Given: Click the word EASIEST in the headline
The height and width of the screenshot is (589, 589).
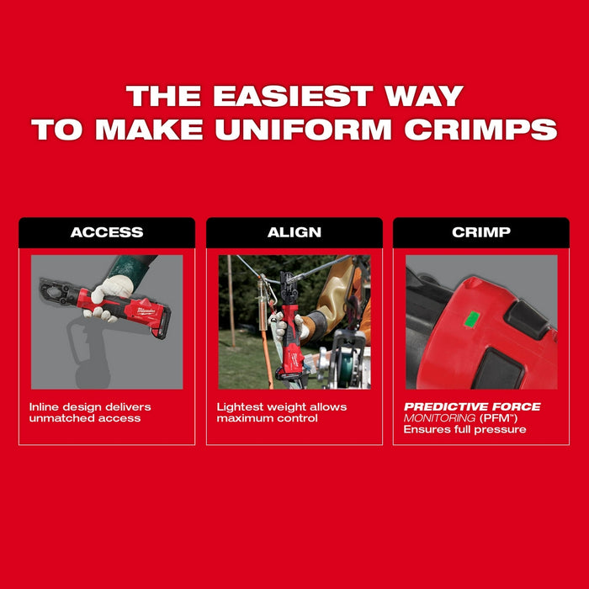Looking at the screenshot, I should pos(293,95).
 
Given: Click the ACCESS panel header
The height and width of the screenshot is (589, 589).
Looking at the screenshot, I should pos(107,232).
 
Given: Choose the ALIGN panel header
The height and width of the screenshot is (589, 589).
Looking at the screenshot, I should pos(294,232).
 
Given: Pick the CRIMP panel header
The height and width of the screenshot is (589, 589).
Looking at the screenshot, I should pos(481,232).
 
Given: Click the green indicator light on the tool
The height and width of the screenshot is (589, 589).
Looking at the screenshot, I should pos(473,318).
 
